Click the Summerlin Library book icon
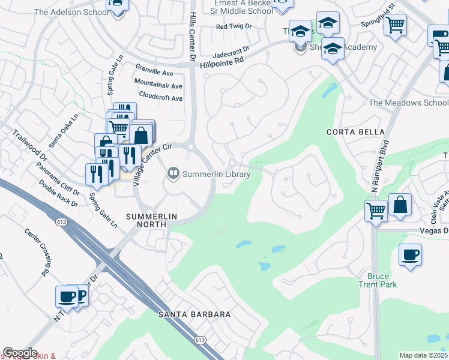tap(173, 174)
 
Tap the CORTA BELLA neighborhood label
tap(346, 131)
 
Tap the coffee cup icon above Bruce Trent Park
tap(411, 254)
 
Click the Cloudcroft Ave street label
tap(160, 98)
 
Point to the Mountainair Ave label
tap(158, 86)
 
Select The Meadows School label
tap(408, 103)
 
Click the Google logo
tap(20, 353)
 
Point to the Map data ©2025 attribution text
tap(424, 355)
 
